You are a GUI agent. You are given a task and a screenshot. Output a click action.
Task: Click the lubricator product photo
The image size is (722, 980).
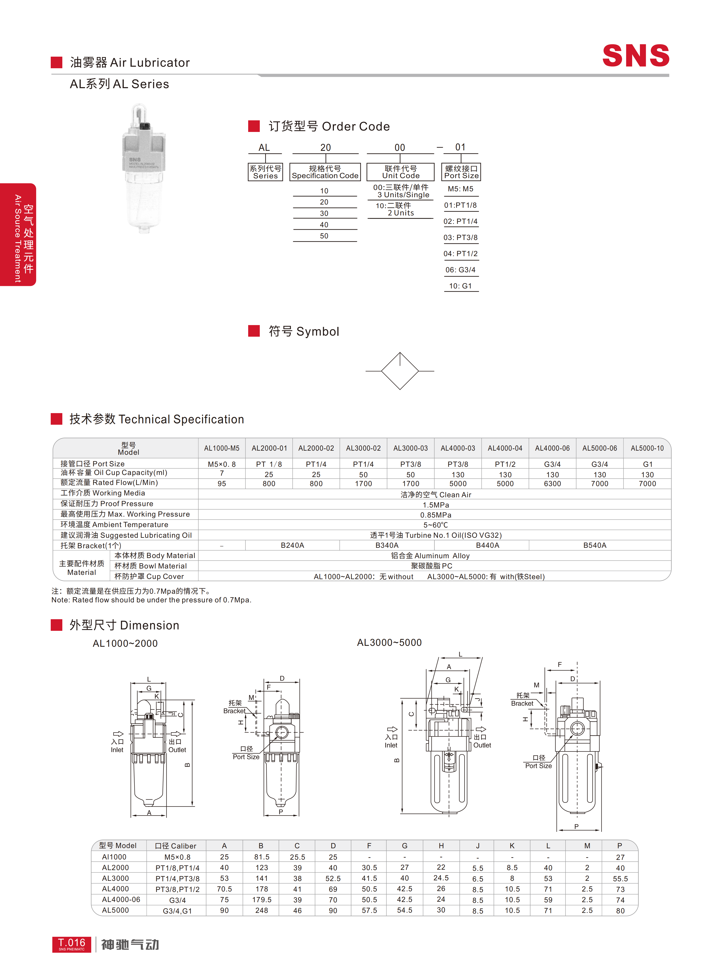pos(143,168)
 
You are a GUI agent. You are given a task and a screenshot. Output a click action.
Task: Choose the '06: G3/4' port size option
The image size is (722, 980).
pos(461,270)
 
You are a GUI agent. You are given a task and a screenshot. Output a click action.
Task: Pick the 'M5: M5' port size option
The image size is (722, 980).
pos(461,189)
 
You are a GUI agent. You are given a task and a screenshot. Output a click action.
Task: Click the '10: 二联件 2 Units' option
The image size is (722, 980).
pos(395,209)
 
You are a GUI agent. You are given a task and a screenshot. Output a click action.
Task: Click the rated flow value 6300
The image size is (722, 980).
pos(553,483)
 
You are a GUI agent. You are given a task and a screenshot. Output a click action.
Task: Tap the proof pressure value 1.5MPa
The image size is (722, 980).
pos(436,505)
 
